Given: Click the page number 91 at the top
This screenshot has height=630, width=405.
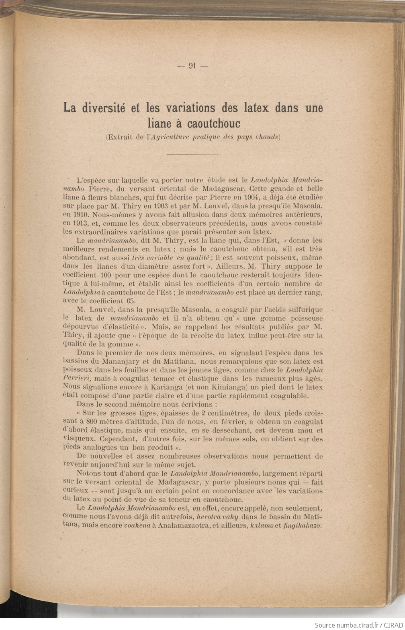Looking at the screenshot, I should click(192, 67).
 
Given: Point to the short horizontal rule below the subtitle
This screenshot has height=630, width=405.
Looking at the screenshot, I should click(192, 154).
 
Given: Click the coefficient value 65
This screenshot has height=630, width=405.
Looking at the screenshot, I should click(131, 301).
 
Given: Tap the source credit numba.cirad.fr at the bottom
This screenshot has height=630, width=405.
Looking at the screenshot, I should click(349, 625).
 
